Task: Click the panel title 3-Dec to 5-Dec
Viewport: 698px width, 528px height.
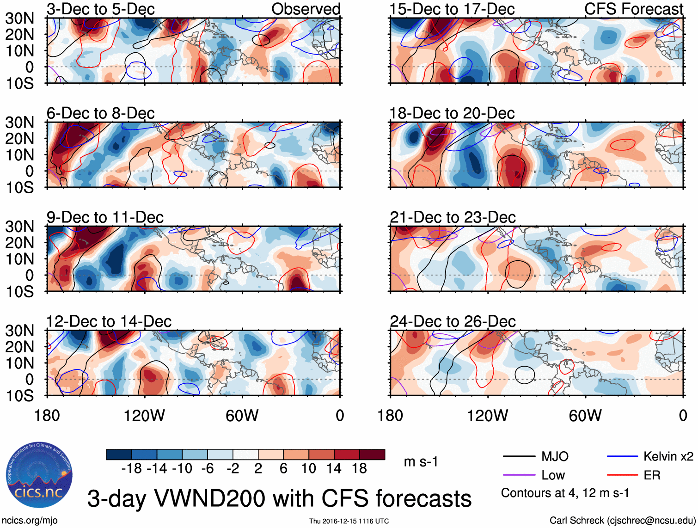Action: [x=100, y=9]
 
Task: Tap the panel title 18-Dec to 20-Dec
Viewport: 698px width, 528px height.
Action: [x=452, y=113]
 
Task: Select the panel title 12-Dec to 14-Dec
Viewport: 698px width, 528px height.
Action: [x=109, y=321]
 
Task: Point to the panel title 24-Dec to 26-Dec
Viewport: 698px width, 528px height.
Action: [x=453, y=321]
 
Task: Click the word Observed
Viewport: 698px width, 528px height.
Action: [x=306, y=9]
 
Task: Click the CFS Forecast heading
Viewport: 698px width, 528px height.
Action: [x=633, y=9]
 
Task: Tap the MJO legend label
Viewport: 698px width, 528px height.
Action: [x=555, y=457]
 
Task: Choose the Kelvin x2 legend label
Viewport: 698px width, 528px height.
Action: [x=668, y=457]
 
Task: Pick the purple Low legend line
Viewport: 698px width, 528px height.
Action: [x=519, y=475]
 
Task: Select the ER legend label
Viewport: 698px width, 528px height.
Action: [x=652, y=475]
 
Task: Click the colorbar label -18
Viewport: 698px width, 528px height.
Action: [x=132, y=469]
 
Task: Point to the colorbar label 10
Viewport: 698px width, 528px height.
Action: [x=308, y=469]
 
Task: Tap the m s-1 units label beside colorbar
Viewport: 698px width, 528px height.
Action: [x=421, y=462]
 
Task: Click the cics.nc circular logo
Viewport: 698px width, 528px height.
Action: [x=39, y=475]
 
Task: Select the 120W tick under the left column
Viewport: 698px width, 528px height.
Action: [x=144, y=416]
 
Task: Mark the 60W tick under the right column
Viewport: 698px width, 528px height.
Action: [x=585, y=416]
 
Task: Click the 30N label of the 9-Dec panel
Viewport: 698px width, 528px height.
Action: [x=20, y=227]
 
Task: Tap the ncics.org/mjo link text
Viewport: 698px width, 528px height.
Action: [x=30, y=521]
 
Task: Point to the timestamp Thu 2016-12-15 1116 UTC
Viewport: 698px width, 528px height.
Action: [x=349, y=521]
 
